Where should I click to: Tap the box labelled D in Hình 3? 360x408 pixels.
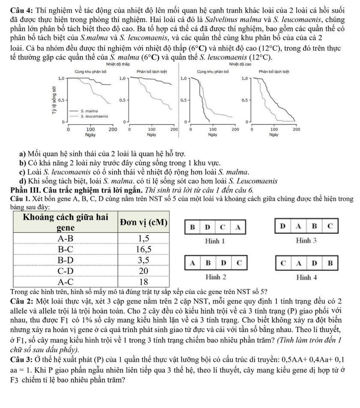coord(282,226)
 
